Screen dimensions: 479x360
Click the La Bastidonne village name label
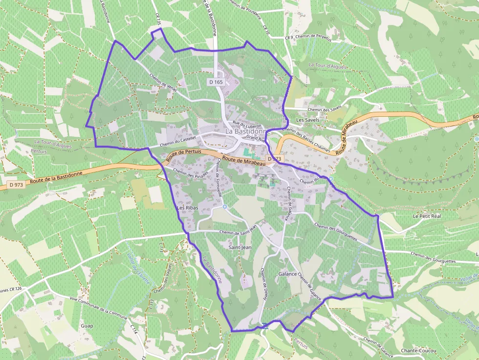click(248, 132)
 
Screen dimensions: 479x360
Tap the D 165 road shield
click(216, 82)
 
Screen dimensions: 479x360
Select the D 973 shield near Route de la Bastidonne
click(16, 185)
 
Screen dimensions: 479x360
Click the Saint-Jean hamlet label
click(240, 248)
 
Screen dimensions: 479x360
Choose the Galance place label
click(287, 274)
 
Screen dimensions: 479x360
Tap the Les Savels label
click(307, 120)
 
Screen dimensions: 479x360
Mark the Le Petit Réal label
click(427, 216)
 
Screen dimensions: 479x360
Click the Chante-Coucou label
click(418, 351)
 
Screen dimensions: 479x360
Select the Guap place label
click(87, 325)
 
